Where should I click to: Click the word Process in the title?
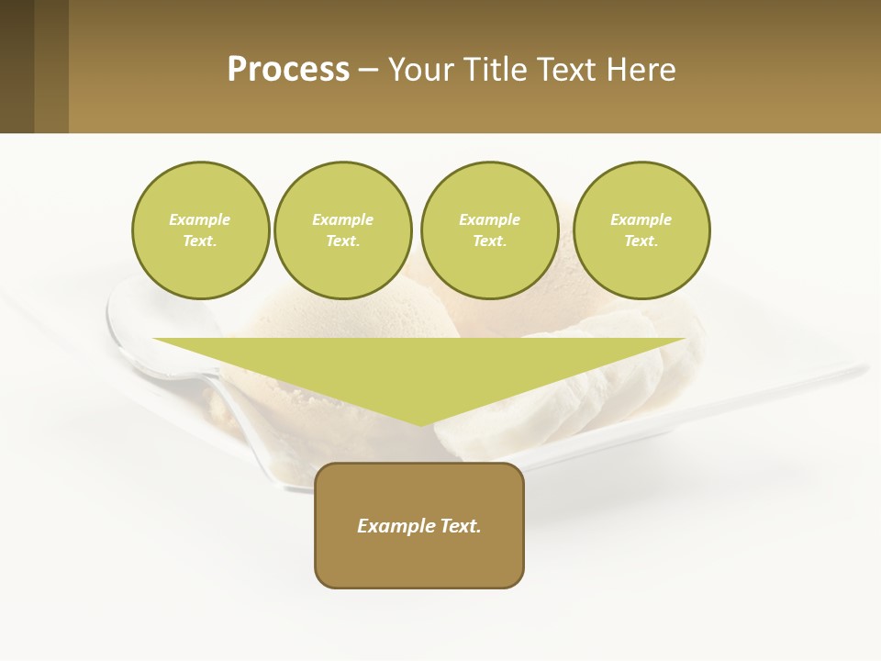tap(288, 69)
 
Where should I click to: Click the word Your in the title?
tap(419, 69)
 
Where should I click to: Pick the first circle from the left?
tap(201, 230)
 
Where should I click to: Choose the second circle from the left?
tap(343, 230)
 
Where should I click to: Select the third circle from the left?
tap(490, 230)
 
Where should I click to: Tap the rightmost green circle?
tap(641, 230)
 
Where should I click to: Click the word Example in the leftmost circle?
tap(200, 219)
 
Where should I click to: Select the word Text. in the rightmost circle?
tap(641, 241)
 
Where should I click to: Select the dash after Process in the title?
tap(368, 70)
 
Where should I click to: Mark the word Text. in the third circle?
tap(490, 241)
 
